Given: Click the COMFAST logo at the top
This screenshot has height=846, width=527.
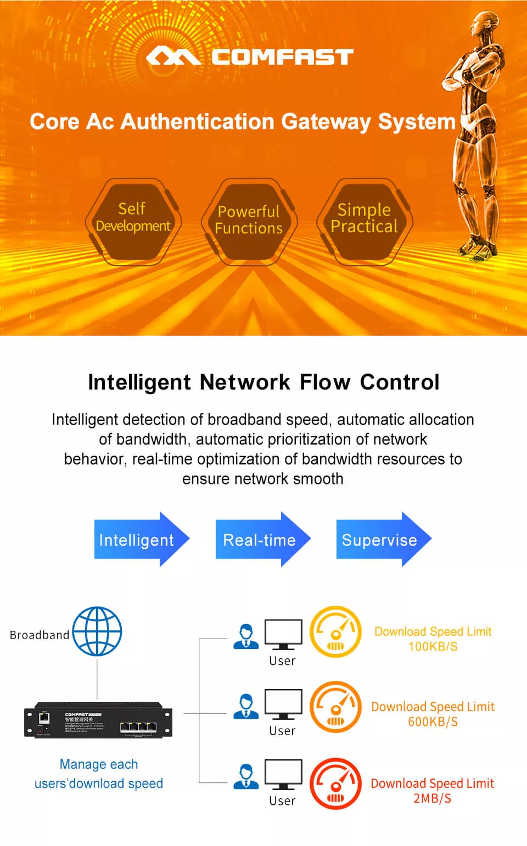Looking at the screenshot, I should [250, 57].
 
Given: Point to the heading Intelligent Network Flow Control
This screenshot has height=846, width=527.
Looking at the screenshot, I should [263, 382].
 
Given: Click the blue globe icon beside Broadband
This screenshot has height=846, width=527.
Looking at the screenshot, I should [97, 631].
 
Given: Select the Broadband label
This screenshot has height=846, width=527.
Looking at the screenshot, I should [40, 635].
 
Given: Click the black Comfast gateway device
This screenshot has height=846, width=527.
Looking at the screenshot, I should [98, 720].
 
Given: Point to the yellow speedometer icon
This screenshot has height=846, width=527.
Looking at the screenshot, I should [336, 631].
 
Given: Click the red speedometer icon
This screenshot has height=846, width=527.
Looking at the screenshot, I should [336, 783].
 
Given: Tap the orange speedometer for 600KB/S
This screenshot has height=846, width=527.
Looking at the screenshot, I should [336, 707].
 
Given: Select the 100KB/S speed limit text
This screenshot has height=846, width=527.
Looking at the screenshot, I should [433, 646].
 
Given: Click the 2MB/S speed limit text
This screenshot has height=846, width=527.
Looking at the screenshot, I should [432, 798].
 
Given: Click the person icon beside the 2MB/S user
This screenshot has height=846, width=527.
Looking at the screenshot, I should [246, 776].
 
